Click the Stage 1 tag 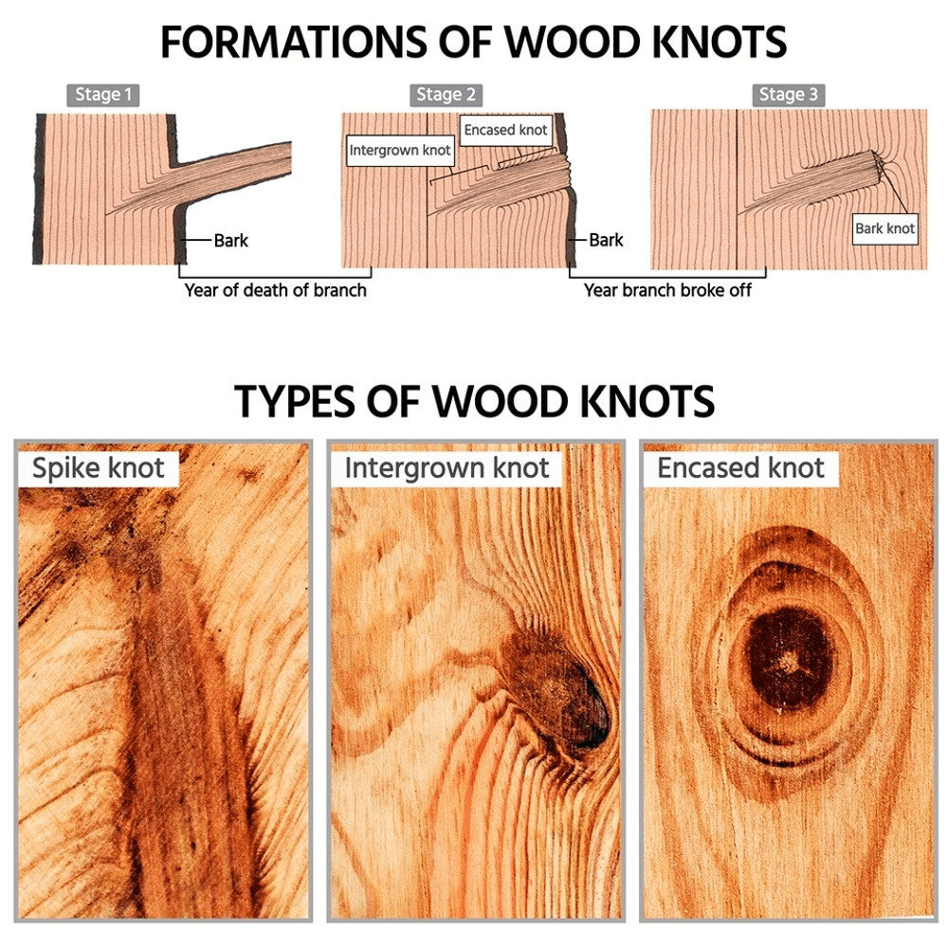point(103,95)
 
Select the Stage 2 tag point(447,95)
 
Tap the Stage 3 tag point(790,95)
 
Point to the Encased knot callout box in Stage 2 point(505,130)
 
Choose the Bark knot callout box point(884,228)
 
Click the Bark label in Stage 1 point(230,241)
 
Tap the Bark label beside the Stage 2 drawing point(606,241)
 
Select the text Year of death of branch point(275,290)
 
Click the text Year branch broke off point(666,290)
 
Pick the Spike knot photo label point(98,467)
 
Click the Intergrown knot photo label point(447,467)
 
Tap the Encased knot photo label point(740,467)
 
